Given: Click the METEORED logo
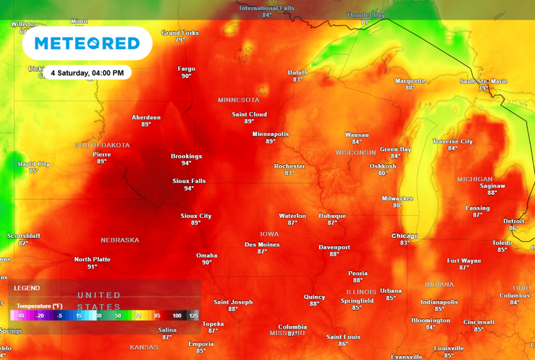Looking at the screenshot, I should click(x=87, y=43).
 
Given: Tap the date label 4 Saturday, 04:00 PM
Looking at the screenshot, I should click(x=87, y=73).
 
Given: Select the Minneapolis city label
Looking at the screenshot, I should click(x=270, y=134).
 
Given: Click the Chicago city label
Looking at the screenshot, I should click(x=405, y=235).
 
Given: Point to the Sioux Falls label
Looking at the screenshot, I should click(x=189, y=181).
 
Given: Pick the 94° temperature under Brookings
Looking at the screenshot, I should click(x=186, y=163).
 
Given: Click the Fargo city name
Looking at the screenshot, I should click(x=186, y=69).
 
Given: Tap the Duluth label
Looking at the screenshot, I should click(x=297, y=72).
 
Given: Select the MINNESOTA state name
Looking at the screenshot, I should click(x=238, y=100).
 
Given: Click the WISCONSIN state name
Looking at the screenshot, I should click(x=356, y=152).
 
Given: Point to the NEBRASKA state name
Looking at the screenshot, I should click(x=120, y=240).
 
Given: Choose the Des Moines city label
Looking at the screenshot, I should click(x=262, y=244).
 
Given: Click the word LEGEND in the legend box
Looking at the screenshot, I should click(x=27, y=288).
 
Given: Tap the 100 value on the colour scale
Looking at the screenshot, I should click(x=176, y=315).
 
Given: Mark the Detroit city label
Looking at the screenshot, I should click(x=513, y=221).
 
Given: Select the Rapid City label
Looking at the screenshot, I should click(x=33, y=164).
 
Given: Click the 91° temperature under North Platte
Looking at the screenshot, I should click(x=92, y=267).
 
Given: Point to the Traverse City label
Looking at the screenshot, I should click(x=452, y=141).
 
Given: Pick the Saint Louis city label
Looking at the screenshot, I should click(x=343, y=337).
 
